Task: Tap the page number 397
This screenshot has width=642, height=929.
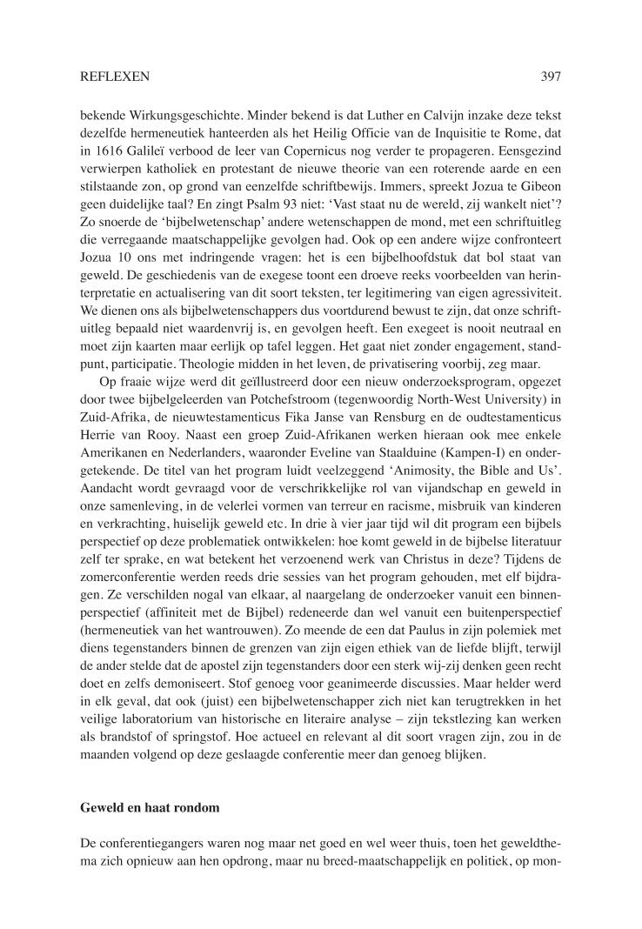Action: tap(550, 77)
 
